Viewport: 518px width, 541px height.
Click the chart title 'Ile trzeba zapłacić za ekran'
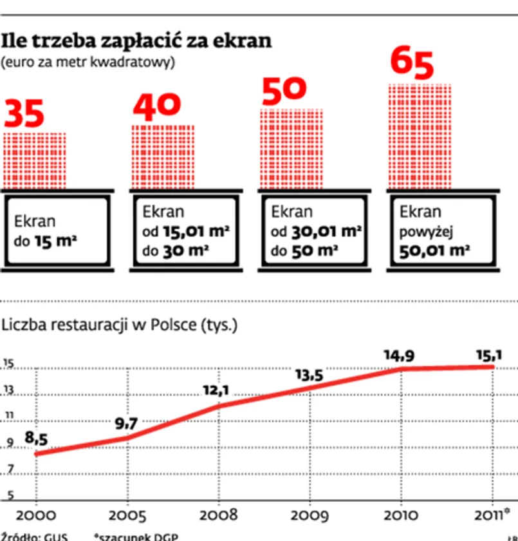tap(136, 42)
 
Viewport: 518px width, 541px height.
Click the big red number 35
tap(25, 115)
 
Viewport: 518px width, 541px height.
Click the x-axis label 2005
tap(127, 517)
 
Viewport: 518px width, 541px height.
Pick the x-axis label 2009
tap(310, 517)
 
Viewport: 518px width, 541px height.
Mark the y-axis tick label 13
tap(9, 390)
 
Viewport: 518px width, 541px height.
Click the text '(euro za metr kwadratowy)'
tap(88, 62)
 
